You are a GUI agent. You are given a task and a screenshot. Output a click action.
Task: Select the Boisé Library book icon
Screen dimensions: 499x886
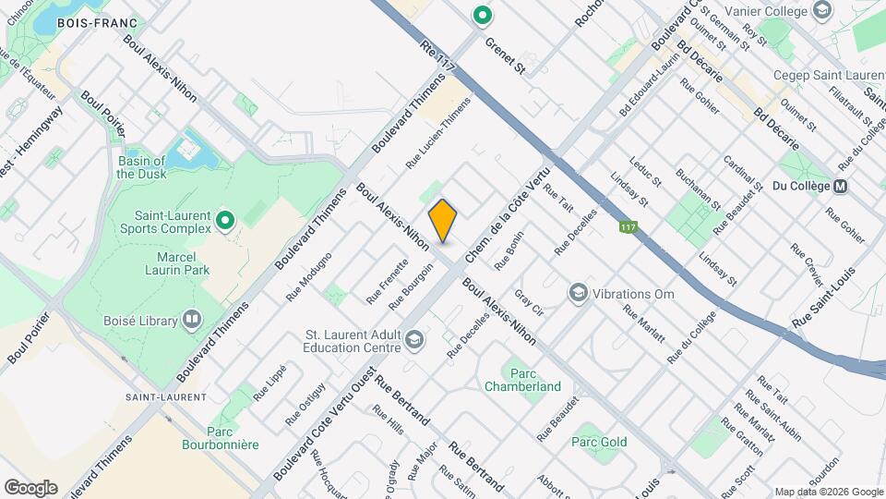pyautogui.click(x=192, y=319)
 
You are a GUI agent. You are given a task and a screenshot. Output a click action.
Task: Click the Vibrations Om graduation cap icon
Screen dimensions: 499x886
pyautogui.click(x=578, y=293)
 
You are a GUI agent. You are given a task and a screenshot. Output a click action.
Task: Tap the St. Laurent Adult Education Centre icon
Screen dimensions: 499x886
pyautogui.click(x=413, y=341)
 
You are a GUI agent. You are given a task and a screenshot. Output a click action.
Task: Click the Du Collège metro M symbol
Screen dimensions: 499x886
pyautogui.click(x=840, y=186)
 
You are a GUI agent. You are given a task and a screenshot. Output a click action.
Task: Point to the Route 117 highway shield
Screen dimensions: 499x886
pyautogui.click(x=628, y=227)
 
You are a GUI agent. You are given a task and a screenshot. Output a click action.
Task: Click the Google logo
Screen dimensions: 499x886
pyautogui.click(x=30, y=487)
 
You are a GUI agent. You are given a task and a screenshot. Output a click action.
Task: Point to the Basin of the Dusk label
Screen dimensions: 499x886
pyautogui.click(x=141, y=167)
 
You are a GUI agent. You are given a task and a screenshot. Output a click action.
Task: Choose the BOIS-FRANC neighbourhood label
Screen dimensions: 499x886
pyautogui.click(x=97, y=22)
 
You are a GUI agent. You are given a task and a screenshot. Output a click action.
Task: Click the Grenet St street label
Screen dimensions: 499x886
pyautogui.click(x=505, y=55)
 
